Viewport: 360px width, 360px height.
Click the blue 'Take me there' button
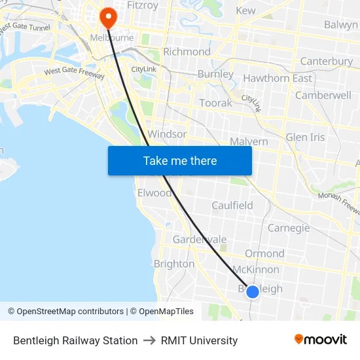click(180, 160)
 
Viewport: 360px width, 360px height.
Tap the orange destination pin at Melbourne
click(107, 18)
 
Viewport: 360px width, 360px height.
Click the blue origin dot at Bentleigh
click(253, 291)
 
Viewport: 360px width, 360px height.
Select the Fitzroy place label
click(142, 5)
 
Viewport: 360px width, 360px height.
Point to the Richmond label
click(187, 52)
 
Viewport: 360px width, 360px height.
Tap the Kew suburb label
click(245, 10)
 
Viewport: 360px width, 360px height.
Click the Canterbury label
click(326, 62)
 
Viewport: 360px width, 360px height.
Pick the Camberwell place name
click(323, 95)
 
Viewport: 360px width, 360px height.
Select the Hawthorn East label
click(278, 79)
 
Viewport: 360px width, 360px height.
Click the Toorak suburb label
click(215, 103)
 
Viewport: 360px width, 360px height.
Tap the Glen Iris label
click(305, 137)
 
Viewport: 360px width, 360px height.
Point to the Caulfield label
click(232, 206)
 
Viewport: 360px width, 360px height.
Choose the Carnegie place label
click(289, 228)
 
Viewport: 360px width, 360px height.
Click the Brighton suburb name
click(174, 264)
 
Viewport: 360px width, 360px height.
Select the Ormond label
click(264, 253)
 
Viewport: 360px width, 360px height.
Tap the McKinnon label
click(256, 270)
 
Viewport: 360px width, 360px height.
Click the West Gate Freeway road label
click(74, 73)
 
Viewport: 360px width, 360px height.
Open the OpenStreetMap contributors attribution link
click(70, 312)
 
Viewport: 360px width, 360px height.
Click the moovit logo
click(321, 339)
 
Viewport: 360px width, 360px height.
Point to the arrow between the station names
click(149, 340)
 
